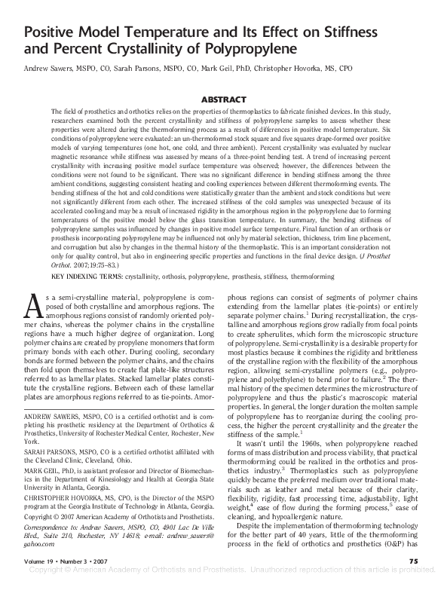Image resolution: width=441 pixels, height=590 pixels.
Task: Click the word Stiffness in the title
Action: tap(375, 34)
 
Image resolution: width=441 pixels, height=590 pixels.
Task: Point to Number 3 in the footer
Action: tap(81, 561)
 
